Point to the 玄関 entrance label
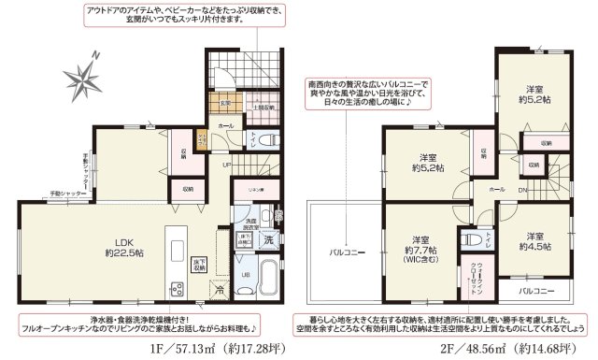pyautogui.click(x=225, y=105)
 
